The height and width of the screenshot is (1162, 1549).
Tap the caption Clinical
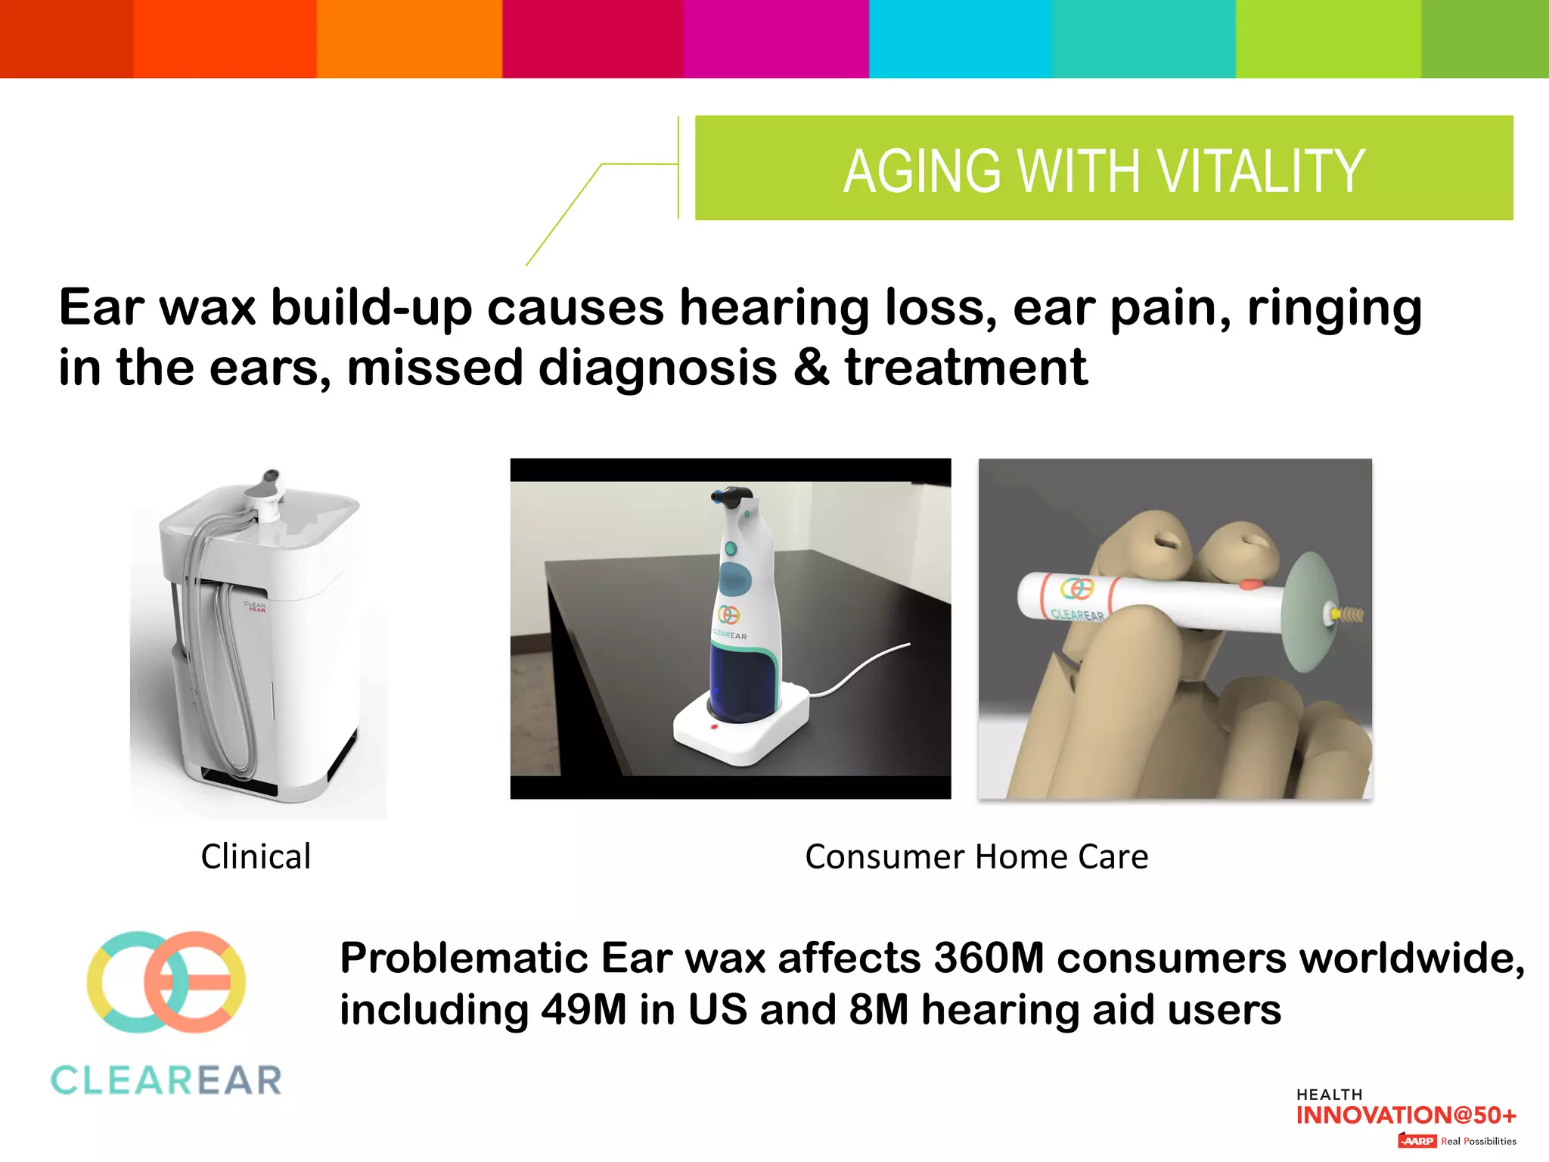tap(256, 857)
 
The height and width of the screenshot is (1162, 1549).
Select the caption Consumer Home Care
tap(976, 857)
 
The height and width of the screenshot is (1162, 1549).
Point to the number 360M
tap(989, 958)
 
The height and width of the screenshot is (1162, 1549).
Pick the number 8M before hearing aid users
tap(878, 1010)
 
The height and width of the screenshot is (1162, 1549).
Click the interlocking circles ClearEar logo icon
tap(166, 982)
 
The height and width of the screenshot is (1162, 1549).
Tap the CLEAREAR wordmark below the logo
tap(166, 1080)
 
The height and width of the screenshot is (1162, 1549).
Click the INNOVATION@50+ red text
tap(1406, 1115)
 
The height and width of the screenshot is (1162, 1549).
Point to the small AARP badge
tap(1417, 1141)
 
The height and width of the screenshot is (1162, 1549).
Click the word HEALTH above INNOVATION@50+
tap(1329, 1095)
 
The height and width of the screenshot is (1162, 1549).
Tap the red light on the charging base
tap(714, 727)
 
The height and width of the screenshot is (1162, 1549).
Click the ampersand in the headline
tap(812, 368)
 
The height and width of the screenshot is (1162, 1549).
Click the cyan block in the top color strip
tap(960, 38)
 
